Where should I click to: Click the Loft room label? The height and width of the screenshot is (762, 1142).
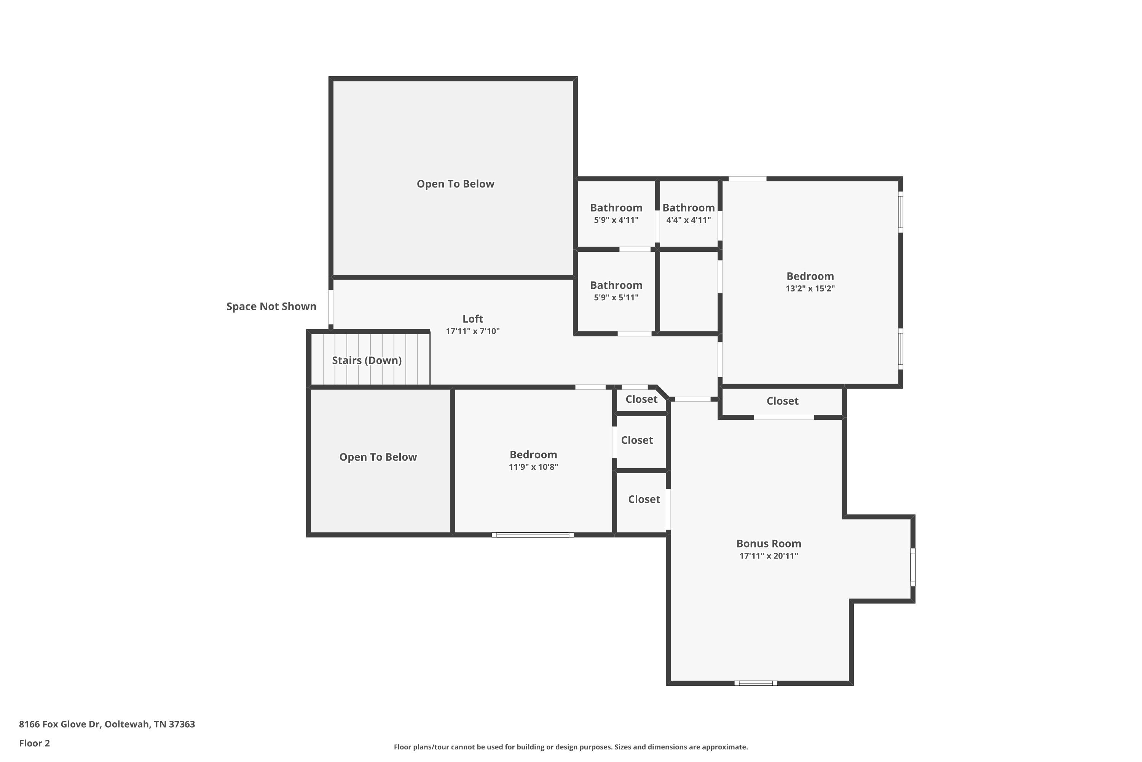click(472, 319)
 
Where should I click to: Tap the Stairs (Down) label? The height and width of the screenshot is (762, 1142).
click(367, 360)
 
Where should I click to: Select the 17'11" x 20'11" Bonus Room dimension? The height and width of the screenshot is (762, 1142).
click(768, 556)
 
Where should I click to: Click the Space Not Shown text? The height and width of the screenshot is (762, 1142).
click(271, 306)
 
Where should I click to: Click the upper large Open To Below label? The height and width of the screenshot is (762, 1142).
click(455, 184)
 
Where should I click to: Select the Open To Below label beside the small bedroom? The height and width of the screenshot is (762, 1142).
click(378, 457)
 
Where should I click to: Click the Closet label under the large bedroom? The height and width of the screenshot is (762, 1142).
click(782, 401)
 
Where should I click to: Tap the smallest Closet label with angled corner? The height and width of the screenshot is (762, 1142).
click(641, 399)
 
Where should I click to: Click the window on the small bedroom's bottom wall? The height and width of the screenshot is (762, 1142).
click(532, 535)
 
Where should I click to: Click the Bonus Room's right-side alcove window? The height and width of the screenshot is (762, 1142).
click(912, 567)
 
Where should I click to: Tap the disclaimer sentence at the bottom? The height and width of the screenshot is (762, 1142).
click(571, 747)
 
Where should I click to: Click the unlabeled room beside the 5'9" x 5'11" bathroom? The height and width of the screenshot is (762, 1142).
click(688, 291)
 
